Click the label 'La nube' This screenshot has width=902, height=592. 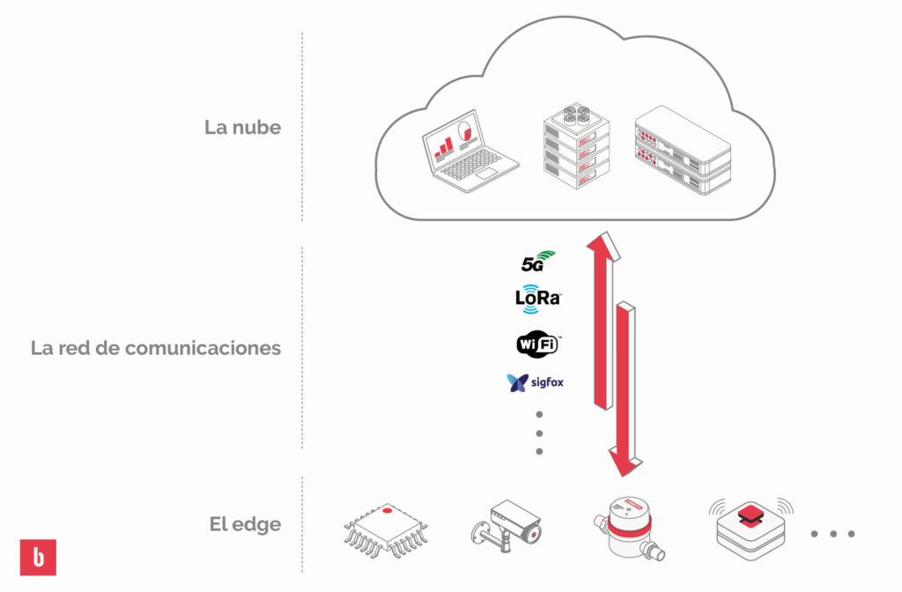coord(242,127)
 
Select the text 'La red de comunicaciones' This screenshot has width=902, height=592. coord(156,348)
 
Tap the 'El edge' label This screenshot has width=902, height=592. coord(245,525)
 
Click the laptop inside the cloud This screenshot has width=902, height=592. coord(466,152)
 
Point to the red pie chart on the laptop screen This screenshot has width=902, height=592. coord(467,131)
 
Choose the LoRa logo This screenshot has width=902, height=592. coord(538,298)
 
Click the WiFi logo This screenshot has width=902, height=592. coord(537,344)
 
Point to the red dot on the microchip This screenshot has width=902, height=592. coord(387,510)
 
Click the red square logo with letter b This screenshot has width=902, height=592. coord(38,557)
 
